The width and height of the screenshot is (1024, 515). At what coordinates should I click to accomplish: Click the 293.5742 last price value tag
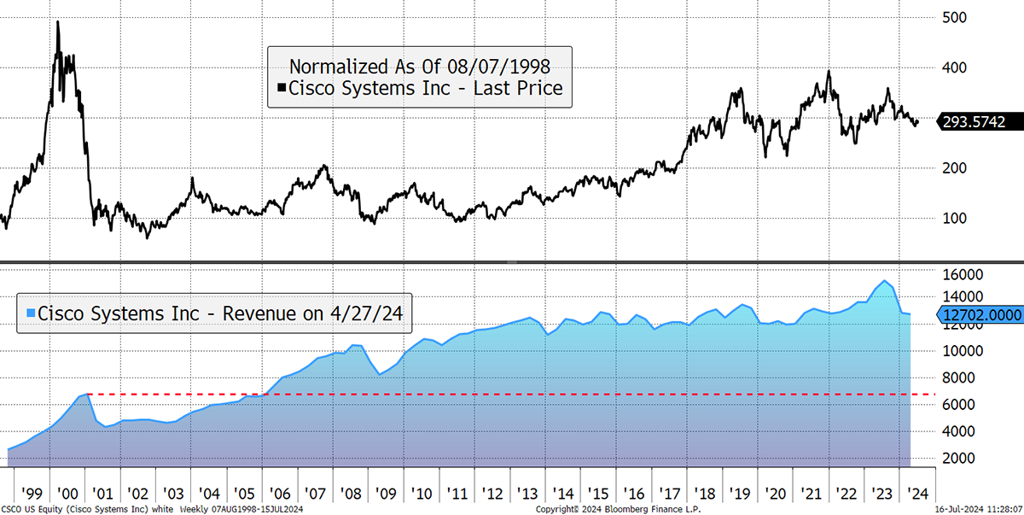(980, 121)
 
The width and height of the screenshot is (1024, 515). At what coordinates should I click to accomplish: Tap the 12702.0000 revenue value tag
(980, 314)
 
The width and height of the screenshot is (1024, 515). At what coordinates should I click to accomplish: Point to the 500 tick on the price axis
(955, 17)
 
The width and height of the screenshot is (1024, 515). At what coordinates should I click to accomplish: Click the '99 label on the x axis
(32, 494)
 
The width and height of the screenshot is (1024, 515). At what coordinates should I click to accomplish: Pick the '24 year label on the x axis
(917, 494)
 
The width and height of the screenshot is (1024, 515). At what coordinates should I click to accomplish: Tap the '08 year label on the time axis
(351, 494)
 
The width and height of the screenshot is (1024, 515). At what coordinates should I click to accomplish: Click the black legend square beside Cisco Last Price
(282, 87)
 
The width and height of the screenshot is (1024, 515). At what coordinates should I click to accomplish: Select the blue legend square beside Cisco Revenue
(31, 313)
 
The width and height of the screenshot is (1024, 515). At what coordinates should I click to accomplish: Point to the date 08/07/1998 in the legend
(498, 67)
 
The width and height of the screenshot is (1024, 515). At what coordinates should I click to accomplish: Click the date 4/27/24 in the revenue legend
(367, 313)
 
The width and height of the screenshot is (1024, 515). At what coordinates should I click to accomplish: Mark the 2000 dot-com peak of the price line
(58, 21)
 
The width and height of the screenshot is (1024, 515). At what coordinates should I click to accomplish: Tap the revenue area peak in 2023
(885, 280)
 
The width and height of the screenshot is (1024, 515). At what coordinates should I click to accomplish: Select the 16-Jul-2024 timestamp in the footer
(979, 509)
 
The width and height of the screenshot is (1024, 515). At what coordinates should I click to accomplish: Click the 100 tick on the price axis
(955, 218)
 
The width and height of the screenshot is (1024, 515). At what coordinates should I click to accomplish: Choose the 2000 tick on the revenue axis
(958, 458)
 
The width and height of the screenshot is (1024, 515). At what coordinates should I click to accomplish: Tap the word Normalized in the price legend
(340, 67)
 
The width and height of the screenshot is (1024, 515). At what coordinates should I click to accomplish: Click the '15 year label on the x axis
(598, 494)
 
